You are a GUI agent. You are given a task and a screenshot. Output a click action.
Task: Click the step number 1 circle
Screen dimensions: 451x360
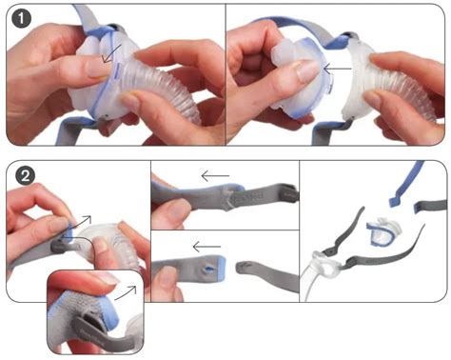[22, 19]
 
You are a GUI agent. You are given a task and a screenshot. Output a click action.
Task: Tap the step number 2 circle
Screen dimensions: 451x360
[26, 175]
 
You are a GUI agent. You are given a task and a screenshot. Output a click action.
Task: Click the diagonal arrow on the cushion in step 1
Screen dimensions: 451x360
[111, 53]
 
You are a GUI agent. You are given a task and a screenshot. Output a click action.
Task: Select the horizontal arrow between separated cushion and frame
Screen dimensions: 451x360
[338, 69]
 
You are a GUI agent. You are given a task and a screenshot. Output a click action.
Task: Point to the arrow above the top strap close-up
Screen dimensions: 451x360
[215, 176]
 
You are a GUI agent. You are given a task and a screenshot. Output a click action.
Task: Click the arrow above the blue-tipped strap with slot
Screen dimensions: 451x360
[206, 247]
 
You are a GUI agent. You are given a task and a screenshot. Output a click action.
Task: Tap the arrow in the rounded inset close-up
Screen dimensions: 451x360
[126, 292]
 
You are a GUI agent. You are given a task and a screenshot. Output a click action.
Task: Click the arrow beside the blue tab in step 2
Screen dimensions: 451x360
[81, 222]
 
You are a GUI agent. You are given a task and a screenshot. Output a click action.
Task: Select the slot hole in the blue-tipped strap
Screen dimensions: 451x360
[206, 269]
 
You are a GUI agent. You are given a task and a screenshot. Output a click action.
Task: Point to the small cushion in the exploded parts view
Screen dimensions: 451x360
[383, 231]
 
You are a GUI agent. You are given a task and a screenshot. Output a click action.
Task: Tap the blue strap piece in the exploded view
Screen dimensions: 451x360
[405, 188]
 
